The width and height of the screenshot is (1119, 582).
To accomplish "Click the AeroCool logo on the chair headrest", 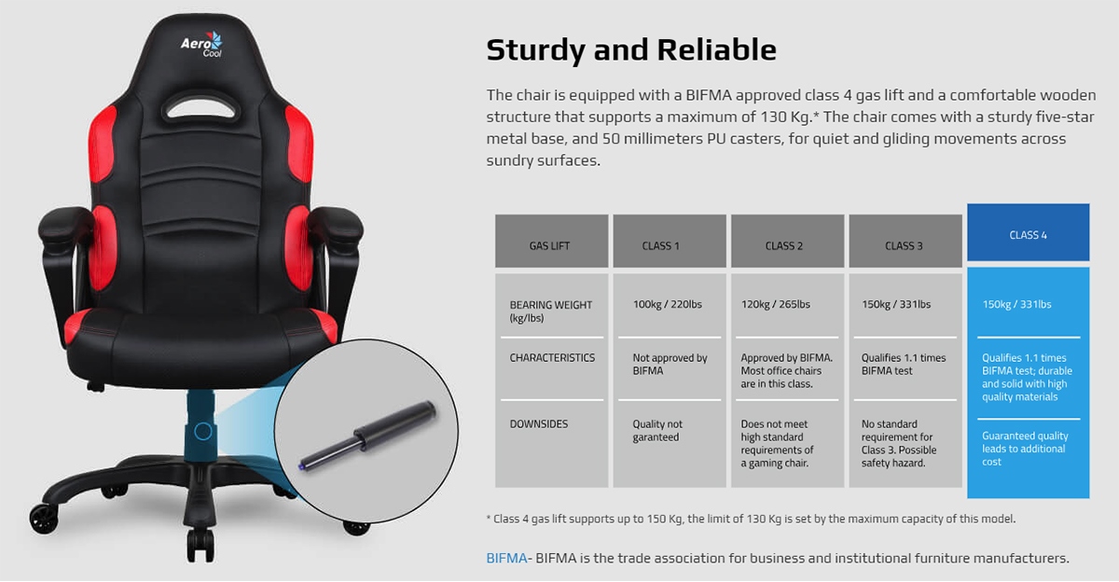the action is click(x=201, y=45).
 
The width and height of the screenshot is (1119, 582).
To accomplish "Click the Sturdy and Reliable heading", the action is click(x=631, y=49).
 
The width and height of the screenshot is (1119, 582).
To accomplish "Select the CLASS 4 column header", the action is click(x=1028, y=232).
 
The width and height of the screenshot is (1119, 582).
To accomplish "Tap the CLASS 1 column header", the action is click(x=670, y=241).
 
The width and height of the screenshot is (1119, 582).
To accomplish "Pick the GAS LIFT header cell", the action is click(x=551, y=241).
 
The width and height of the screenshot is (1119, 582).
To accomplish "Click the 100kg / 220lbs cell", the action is click(x=668, y=304).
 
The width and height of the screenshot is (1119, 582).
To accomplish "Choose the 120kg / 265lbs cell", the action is click(x=775, y=304).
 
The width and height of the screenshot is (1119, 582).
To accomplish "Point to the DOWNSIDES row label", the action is click(x=539, y=424).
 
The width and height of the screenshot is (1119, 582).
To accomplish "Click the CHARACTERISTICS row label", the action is click(x=552, y=358).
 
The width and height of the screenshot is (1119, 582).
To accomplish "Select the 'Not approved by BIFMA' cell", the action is click(x=670, y=364).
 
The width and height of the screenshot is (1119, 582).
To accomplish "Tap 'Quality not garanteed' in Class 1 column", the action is click(x=656, y=431).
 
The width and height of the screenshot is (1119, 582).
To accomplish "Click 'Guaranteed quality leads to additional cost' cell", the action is click(x=1025, y=449).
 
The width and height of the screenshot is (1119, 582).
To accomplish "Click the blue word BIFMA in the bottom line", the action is click(x=506, y=558).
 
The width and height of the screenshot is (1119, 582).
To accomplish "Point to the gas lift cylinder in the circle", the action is click(x=367, y=435).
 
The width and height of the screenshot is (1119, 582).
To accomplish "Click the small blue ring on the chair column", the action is click(x=203, y=431).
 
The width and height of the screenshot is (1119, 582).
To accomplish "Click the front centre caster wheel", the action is click(x=200, y=545).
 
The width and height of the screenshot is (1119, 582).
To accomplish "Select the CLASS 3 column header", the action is click(x=905, y=241).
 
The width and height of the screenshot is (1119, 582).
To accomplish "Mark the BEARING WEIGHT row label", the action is click(x=550, y=312).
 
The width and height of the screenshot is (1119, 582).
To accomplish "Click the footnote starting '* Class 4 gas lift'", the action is click(x=751, y=520).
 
